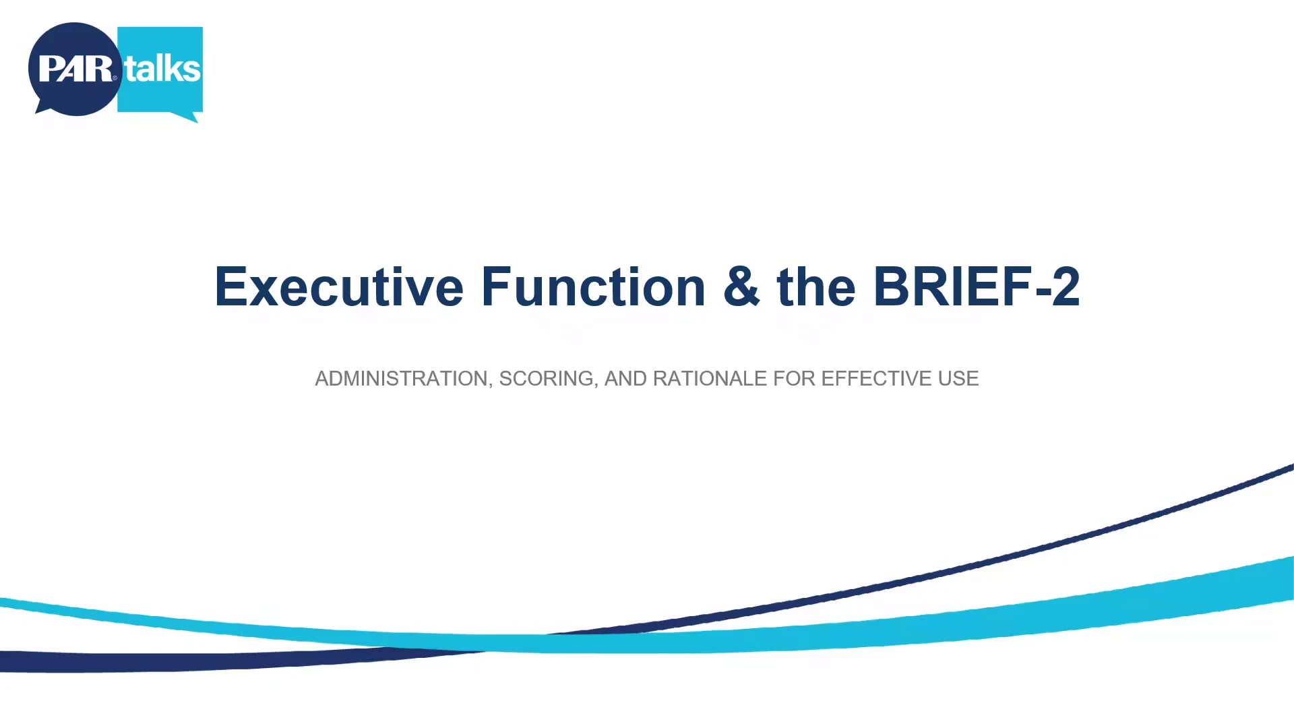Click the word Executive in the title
click(339, 287)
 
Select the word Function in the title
click(593, 287)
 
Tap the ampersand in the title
click(741, 287)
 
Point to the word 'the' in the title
click(816, 287)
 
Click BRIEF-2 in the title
click(977, 287)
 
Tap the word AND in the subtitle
click(625, 379)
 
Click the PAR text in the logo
click(75, 69)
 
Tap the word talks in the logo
click(162, 69)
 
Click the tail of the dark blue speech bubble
click(43, 109)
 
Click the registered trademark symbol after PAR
click(115, 78)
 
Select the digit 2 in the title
click(1066, 287)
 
